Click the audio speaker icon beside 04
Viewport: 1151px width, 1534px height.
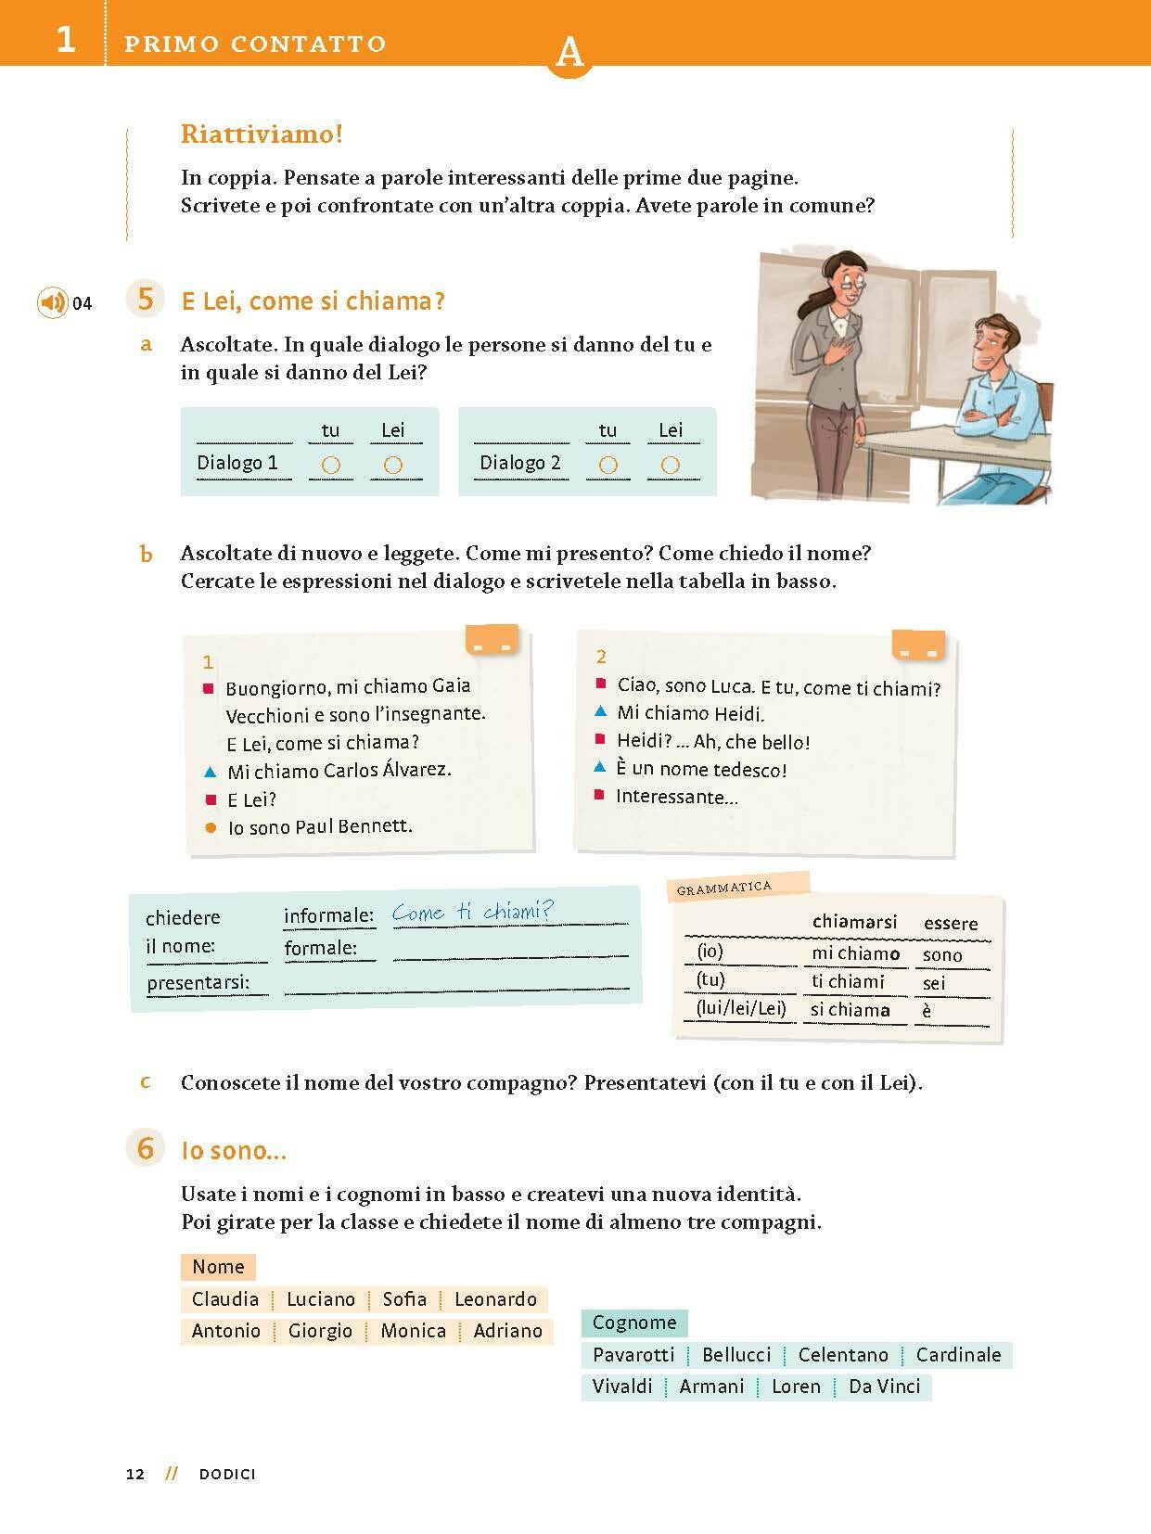tap(53, 302)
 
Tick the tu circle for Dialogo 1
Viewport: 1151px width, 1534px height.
tap(330, 465)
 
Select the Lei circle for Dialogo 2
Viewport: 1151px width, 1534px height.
tap(671, 465)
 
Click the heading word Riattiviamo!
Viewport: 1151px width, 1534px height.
tap(262, 134)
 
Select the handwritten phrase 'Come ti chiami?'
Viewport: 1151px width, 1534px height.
tap(472, 912)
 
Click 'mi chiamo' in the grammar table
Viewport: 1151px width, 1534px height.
tap(855, 953)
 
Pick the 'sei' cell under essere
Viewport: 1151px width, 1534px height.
tap(934, 982)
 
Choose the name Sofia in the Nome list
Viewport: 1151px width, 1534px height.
tap(404, 1299)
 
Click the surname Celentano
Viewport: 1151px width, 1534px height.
tap(843, 1355)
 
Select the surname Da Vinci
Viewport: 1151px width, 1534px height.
tap(885, 1387)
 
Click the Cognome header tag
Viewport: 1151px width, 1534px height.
tap(634, 1323)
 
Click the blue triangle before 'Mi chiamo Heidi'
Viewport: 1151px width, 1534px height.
tap(600, 712)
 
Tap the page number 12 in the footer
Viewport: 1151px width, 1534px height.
tap(135, 1475)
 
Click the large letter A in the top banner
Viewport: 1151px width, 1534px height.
tap(569, 54)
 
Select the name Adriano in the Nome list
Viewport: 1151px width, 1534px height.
tap(507, 1331)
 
